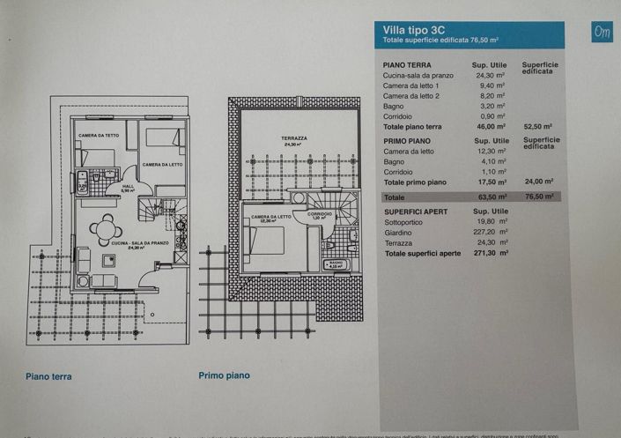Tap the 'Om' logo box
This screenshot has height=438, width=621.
pos(603,31)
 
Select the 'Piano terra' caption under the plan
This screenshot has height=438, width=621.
pos(48,376)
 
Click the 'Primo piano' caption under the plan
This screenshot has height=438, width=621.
pos(224,375)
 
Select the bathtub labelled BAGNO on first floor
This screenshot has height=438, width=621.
pos(336,264)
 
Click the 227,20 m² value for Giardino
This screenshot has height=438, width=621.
pos(489,234)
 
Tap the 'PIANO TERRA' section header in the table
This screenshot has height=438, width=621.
pos(406,66)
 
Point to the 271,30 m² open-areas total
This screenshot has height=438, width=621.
pos(489,254)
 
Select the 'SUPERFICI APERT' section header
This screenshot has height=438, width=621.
pos(421,212)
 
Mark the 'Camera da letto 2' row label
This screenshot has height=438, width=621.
pos(412,96)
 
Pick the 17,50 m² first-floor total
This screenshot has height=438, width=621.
pos(489,182)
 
